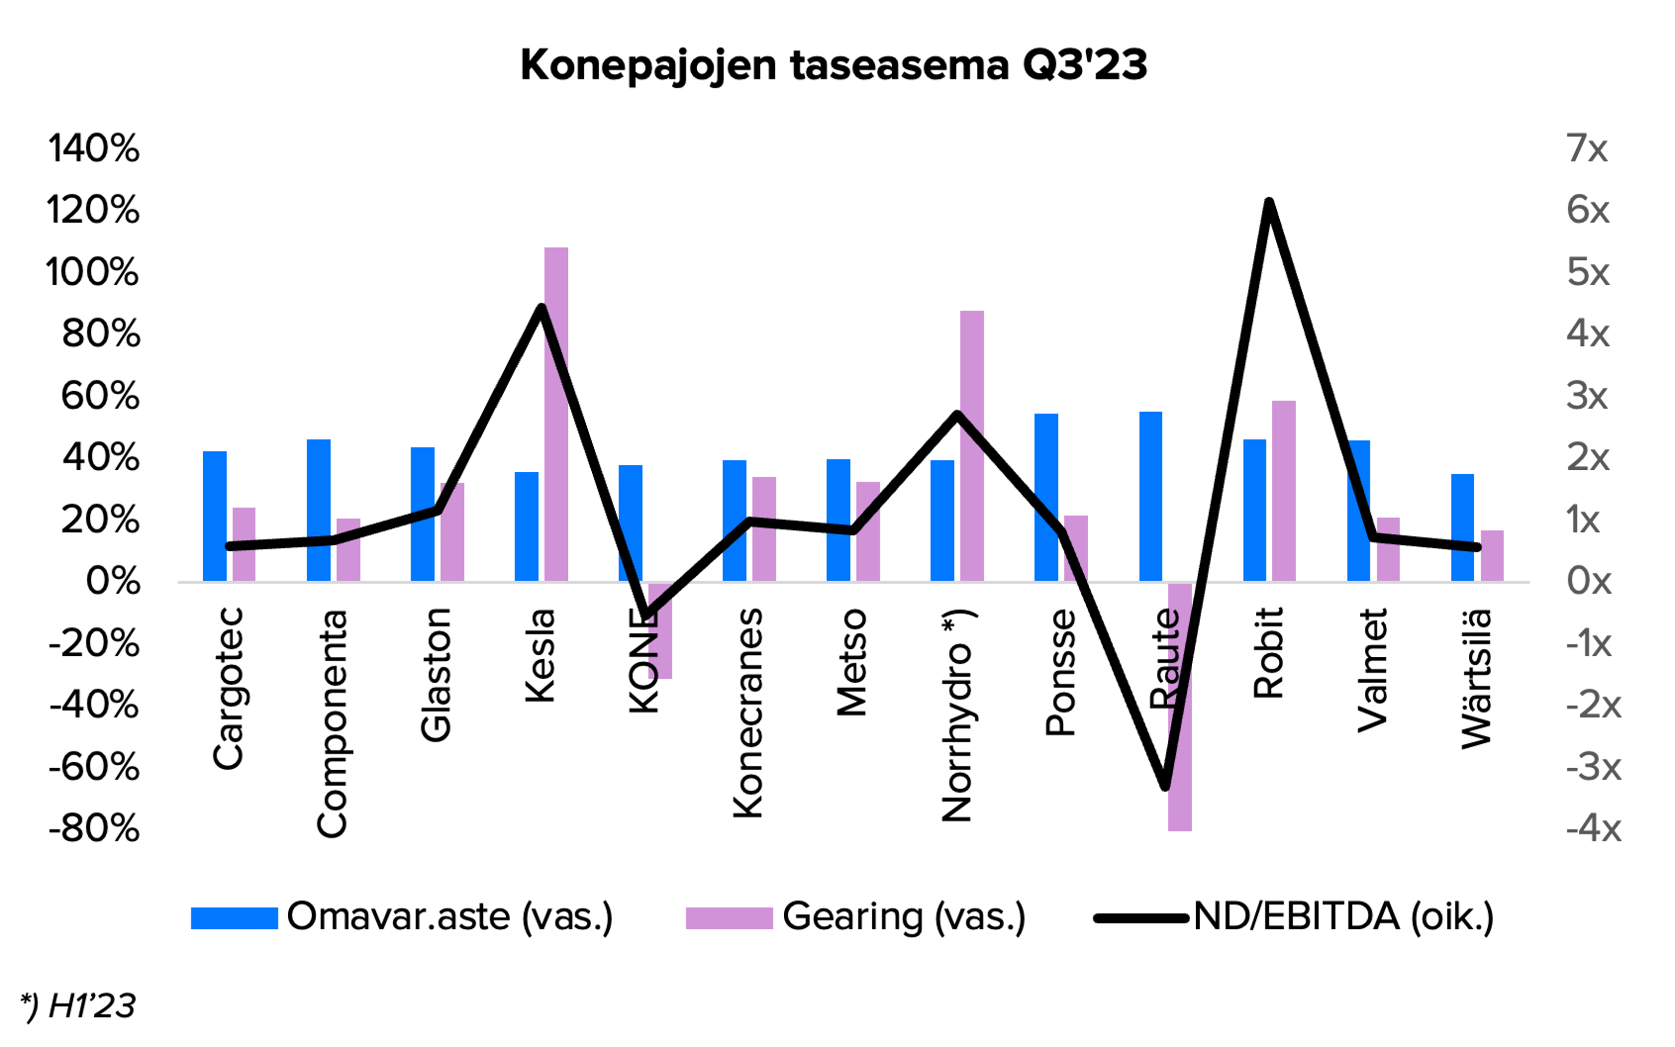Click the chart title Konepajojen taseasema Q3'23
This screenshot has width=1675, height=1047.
click(833, 66)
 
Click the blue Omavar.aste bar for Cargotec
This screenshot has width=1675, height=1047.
click(215, 516)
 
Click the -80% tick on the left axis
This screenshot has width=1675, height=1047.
click(93, 828)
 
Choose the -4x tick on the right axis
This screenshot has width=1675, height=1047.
click(1593, 828)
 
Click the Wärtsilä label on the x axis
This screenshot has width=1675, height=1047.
click(1476, 679)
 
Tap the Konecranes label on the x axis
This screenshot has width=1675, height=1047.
click(748, 713)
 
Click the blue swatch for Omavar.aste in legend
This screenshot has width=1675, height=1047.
click(234, 918)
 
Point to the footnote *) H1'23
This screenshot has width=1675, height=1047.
click(78, 1006)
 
